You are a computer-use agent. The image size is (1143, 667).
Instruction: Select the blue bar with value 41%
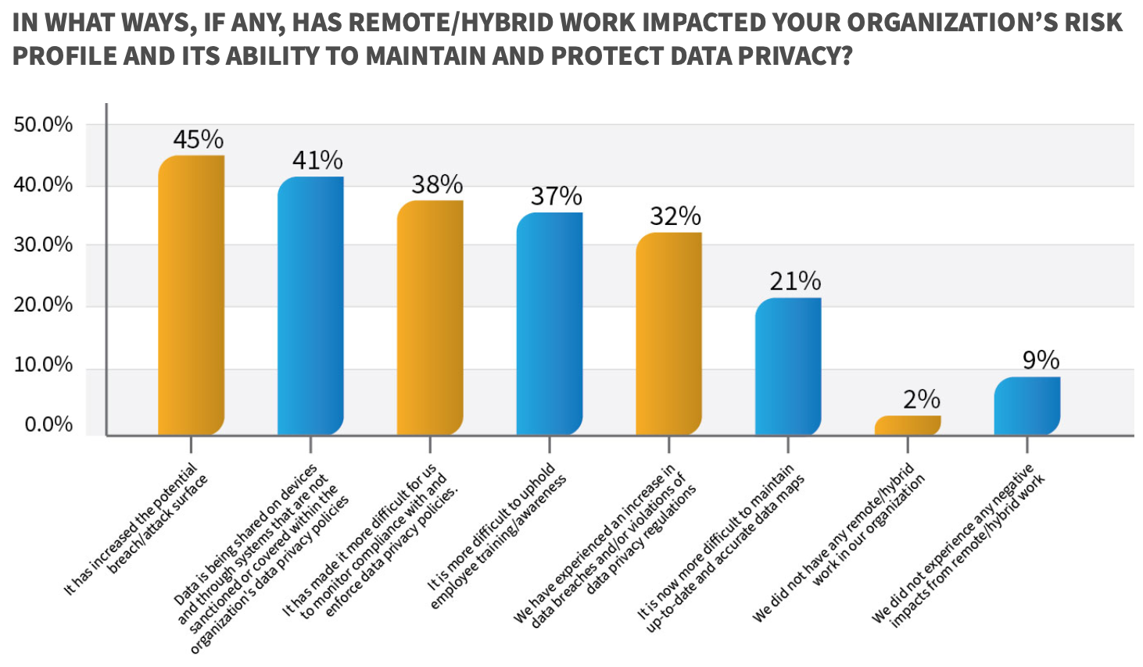pos(310,305)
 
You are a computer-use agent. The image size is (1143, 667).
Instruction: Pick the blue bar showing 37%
pos(550,323)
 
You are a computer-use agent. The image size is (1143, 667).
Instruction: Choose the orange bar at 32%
pos(668,333)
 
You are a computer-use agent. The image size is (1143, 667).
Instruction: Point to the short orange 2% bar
pos(908,425)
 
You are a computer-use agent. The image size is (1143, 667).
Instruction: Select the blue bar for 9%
pos(1027,405)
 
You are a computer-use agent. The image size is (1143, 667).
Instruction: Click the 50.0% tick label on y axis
pos(43,125)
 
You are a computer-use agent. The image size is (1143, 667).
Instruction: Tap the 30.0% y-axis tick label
pos(43,245)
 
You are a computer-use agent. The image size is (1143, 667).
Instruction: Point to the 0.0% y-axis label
pos(48,425)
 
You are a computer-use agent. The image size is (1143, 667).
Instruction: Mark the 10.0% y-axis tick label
pos(43,365)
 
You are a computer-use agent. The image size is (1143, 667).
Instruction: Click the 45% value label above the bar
pos(198,140)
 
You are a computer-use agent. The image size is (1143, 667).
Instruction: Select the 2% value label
pos(921,400)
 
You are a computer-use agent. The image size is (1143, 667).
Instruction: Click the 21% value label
pos(795,281)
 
